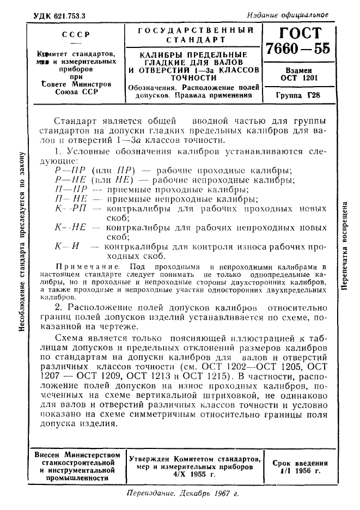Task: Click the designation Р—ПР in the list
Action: pos(67,171)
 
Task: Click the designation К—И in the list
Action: pos(68,246)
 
